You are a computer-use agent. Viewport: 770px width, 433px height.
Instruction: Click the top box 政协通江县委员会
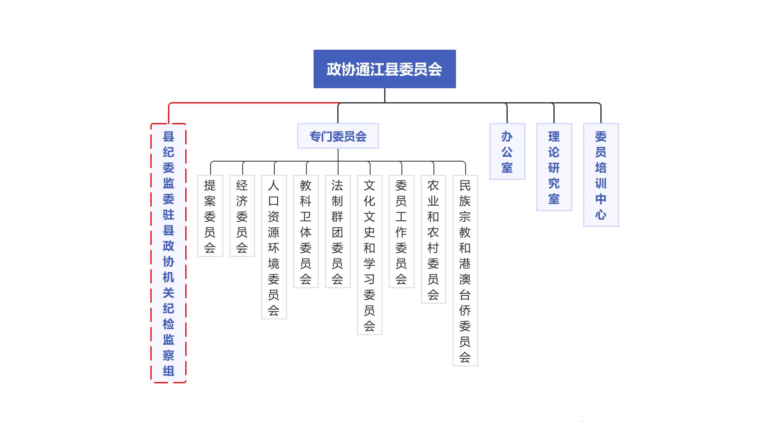point(385,69)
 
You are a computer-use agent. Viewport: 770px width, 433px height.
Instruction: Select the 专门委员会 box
point(338,136)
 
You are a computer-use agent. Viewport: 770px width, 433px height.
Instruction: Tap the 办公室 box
point(507,152)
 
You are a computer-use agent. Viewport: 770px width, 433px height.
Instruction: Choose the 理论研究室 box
point(554,167)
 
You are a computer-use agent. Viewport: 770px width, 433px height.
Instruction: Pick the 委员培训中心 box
point(601,175)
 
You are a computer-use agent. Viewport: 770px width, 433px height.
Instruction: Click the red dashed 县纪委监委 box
point(168,253)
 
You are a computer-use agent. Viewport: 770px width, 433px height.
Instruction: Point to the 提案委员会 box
point(210,216)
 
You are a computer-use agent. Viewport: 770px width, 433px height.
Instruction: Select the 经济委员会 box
point(242,216)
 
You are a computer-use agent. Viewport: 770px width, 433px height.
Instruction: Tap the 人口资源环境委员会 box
point(274,247)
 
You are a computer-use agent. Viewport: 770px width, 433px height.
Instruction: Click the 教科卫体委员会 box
point(306,231)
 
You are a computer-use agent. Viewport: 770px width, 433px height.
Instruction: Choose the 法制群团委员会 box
point(338,231)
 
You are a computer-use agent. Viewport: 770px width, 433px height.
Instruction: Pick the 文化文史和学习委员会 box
point(369,255)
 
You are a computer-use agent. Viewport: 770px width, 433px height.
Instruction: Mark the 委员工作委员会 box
point(401,231)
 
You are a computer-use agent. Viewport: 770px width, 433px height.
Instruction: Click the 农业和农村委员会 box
point(433,239)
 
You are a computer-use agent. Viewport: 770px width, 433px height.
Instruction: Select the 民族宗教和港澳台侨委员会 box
point(465,270)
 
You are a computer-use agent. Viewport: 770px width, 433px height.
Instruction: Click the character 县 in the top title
point(391,69)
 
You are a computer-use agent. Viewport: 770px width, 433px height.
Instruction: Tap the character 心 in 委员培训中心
point(601,214)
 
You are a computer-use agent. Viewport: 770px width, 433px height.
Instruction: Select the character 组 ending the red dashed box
point(168,371)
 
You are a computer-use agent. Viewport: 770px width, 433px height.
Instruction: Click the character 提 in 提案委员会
point(210,185)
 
